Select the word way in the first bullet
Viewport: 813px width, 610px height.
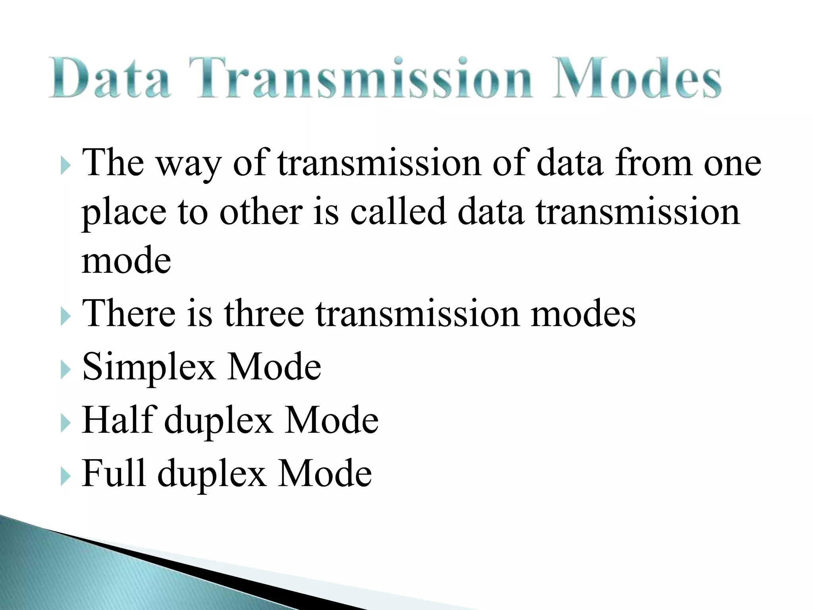tap(188, 164)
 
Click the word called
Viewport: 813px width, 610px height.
tap(398, 212)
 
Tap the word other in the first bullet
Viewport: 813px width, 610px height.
tap(261, 212)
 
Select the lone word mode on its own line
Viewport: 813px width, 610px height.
tap(126, 261)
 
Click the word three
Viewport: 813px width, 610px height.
tap(264, 314)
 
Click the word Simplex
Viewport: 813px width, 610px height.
tap(149, 367)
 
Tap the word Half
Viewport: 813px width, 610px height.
tap(119, 420)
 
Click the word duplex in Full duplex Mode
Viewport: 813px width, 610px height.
tap(212, 475)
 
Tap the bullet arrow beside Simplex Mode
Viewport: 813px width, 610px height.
tap(66, 370)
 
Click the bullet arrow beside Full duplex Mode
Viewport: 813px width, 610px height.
tap(66, 477)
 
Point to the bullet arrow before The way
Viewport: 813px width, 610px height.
tap(66, 166)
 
